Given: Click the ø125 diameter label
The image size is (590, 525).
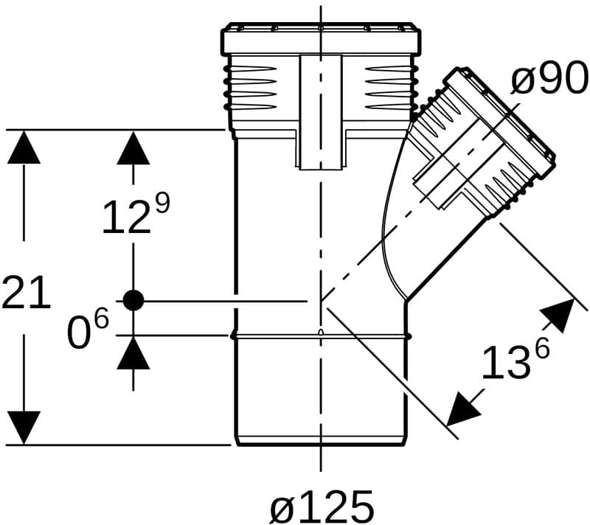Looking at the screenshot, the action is [x=322, y=505].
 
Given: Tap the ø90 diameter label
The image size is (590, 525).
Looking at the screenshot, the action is [x=549, y=78].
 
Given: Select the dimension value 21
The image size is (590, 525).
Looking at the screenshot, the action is [x=26, y=292].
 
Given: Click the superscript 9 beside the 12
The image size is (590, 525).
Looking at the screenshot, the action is [x=162, y=204].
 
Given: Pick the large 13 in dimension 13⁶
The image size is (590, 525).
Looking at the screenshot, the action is [x=504, y=362].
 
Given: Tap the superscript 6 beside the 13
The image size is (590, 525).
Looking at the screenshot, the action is [x=542, y=348].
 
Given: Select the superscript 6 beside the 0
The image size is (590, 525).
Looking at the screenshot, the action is [x=101, y=319].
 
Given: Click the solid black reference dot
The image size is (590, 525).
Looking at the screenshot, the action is [x=133, y=301].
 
